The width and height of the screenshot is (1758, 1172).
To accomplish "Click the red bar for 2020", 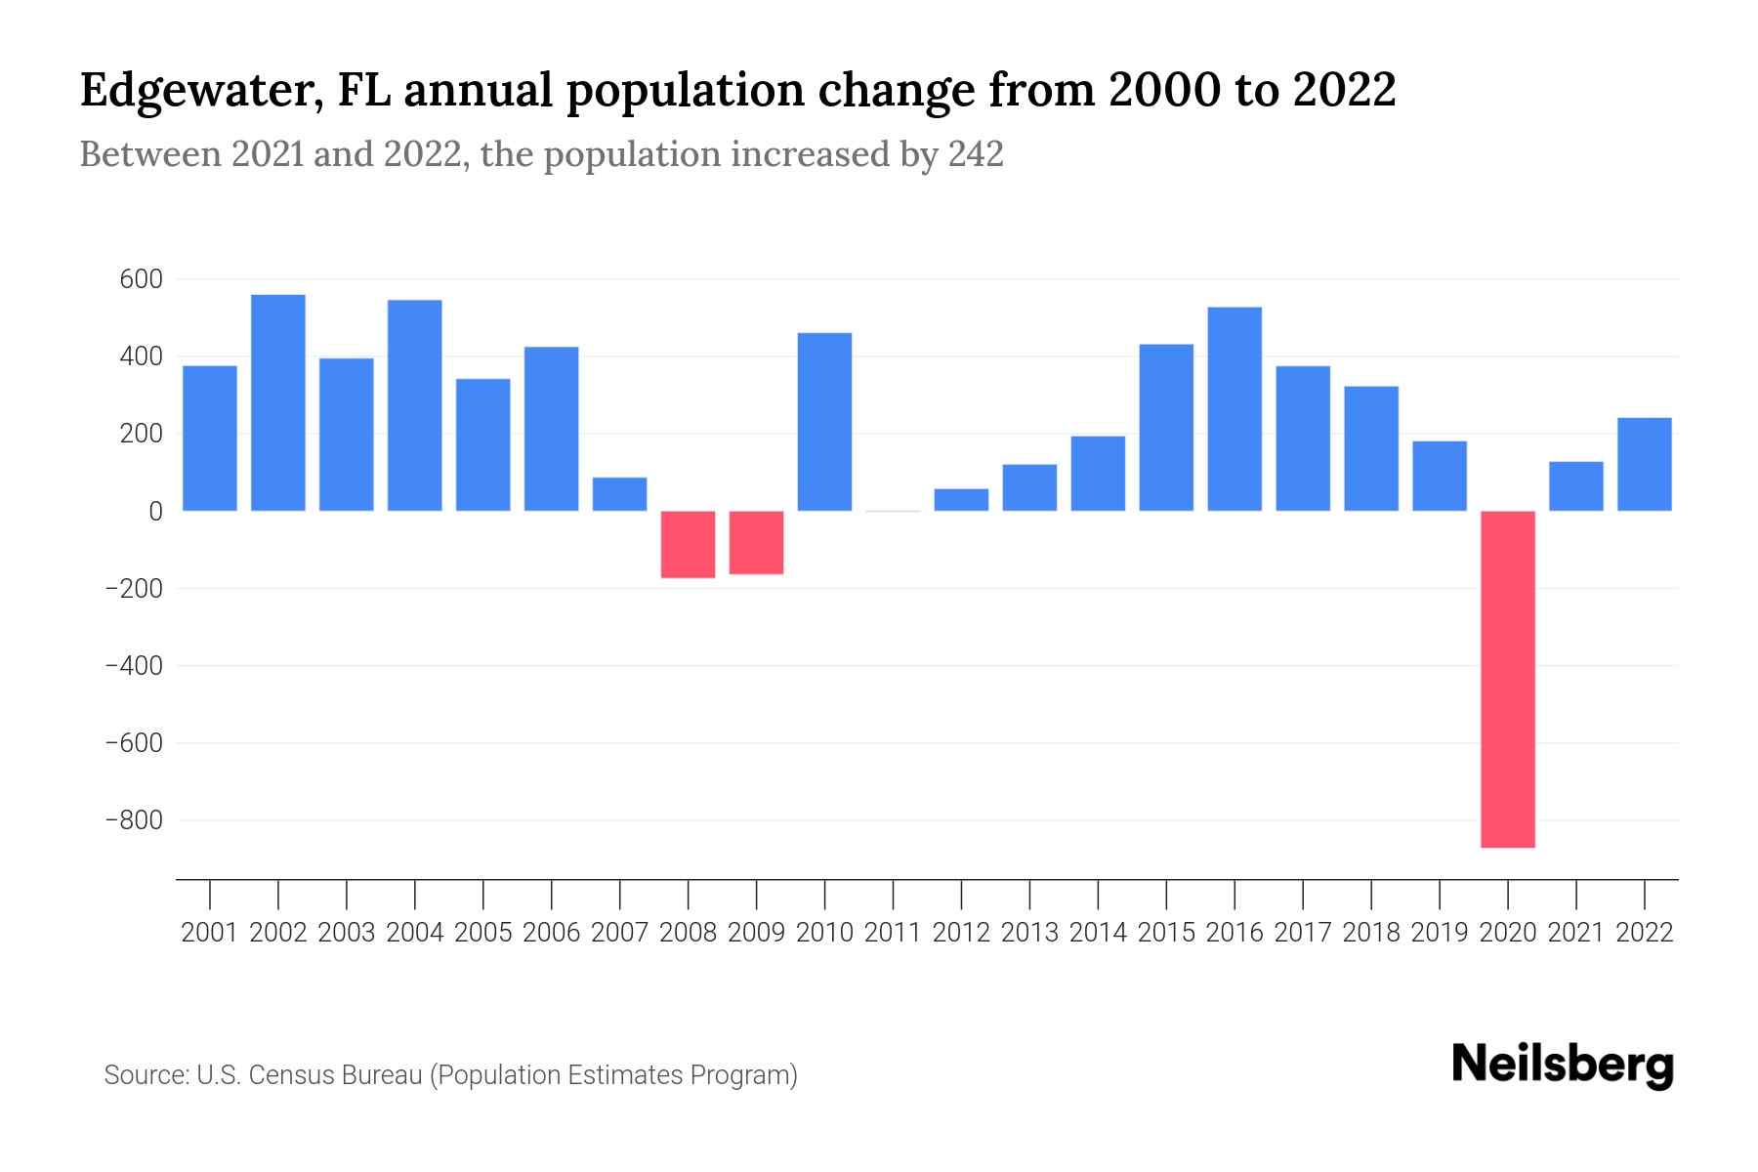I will point(1508,679).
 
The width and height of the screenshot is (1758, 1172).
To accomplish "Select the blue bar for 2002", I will point(278,402).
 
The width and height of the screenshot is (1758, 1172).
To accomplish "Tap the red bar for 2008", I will point(689,544).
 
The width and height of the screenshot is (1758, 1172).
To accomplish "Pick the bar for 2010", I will point(825,422).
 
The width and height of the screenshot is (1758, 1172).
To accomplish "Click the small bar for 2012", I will point(961,499).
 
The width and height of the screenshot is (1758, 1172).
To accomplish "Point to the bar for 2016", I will point(1235,408).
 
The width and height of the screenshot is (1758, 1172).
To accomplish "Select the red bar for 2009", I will point(757,542).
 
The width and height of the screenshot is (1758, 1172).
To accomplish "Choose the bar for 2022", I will point(1645,464).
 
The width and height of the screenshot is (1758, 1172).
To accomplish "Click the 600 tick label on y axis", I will point(141,279).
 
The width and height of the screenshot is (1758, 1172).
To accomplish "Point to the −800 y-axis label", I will point(134,820).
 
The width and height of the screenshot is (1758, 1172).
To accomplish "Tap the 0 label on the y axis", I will point(155,511).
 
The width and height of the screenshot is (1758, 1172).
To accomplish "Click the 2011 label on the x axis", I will point(893,933).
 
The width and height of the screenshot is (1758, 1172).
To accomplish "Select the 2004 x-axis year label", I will point(415,933).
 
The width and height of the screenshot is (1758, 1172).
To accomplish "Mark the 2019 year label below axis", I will point(1440,933).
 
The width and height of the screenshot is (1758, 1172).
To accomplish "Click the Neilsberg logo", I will point(1563,1065).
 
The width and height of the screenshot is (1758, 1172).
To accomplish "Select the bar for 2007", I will point(620,494).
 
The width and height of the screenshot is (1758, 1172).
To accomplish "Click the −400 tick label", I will point(134,666).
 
